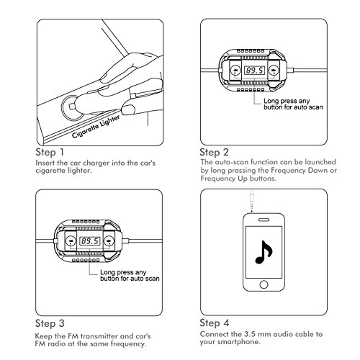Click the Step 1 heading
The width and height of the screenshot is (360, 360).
(50, 153)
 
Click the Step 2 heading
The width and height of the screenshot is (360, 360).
(214, 153)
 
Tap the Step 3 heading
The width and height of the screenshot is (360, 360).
(50, 323)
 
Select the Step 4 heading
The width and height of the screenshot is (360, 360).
(215, 323)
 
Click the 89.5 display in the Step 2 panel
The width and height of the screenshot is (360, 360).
(254, 71)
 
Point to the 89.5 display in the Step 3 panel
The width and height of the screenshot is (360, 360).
(90, 240)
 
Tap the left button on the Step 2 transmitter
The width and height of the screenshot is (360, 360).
(235, 71)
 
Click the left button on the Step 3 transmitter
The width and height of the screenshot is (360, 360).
(71, 240)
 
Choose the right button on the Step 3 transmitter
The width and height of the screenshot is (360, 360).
(109, 240)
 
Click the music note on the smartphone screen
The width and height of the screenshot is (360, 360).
(263, 253)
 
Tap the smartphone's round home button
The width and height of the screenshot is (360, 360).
(264, 284)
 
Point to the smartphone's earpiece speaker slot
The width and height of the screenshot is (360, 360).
(264, 220)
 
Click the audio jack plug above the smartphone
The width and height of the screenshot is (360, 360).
(251, 199)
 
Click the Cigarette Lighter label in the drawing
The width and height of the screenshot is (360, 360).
(96, 127)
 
